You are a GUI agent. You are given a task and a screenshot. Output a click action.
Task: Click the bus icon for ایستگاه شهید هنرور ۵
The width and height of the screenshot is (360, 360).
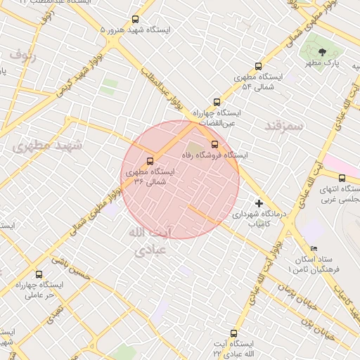click(136, 20)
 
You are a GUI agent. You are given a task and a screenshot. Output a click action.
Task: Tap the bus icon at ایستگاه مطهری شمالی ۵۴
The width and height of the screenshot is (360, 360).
click(258, 65)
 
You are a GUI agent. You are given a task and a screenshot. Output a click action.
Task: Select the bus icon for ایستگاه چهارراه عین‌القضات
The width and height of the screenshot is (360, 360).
click(217, 102)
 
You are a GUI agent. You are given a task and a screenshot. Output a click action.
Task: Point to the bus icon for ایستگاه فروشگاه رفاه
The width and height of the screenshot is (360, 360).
click(215, 144)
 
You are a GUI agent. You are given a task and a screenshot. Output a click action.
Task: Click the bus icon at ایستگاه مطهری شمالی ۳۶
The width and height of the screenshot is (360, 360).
click(150, 161)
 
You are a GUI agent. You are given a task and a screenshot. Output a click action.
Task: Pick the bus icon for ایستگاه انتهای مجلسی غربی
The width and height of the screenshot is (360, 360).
click(342, 179)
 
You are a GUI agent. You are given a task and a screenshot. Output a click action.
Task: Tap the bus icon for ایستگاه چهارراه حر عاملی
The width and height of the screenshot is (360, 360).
click(39, 275)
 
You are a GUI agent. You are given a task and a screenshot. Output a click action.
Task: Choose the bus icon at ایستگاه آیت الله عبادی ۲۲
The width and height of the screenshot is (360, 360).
click(234, 333)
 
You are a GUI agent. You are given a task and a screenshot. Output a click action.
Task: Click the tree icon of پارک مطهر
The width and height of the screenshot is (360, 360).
click(322, 52)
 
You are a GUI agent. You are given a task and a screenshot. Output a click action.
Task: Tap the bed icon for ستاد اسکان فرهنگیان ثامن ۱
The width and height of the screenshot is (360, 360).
click(314, 249)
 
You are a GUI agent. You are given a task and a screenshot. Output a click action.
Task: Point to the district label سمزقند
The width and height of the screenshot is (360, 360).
click(284, 127)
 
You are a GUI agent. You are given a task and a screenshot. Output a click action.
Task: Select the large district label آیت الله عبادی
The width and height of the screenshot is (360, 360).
click(150, 240)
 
